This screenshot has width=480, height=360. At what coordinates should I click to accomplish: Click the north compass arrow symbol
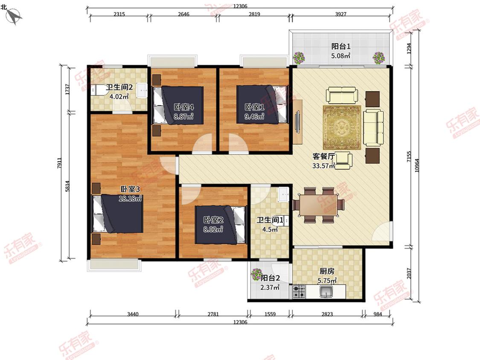point(14,15)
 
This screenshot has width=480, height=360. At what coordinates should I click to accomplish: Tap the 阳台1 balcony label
point(341,46)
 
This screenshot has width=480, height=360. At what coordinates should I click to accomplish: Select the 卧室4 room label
point(183,107)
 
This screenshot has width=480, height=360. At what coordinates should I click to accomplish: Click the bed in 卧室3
point(118,214)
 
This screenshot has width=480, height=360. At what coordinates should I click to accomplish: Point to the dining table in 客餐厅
point(318,205)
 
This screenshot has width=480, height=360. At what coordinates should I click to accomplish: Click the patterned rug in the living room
point(342,128)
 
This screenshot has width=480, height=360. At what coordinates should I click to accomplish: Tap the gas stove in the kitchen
point(299,291)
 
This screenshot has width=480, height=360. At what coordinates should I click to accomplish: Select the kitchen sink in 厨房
point(326,291)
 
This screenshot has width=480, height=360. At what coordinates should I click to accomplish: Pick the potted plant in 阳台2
point(256,274)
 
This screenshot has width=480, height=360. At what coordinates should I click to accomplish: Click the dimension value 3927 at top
point(340,14)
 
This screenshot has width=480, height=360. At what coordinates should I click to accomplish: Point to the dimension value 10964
point(416,165)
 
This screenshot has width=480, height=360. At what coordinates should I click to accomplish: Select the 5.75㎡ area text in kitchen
point(327,280)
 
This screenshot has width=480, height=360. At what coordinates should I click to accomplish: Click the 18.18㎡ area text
point(130,198)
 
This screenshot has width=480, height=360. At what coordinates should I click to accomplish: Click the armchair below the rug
point(343,160)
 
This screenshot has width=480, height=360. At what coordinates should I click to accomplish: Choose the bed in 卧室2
point(221,225)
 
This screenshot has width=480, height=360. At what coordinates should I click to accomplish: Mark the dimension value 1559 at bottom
point(270,314)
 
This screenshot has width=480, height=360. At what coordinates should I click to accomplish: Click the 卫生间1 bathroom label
point(270,220)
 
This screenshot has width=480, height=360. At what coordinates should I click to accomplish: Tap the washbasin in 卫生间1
point(284,194)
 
